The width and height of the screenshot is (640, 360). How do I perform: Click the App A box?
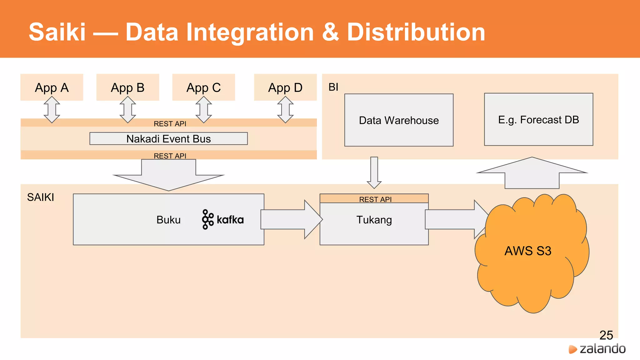point(52,87)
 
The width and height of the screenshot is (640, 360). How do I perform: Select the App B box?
point(127,87)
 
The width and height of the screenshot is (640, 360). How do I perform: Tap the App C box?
point(203,87)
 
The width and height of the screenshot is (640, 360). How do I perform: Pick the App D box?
point(285,87)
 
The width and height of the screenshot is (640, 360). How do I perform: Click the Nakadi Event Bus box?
point(168,138)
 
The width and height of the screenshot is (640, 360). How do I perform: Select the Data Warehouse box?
point(399,120)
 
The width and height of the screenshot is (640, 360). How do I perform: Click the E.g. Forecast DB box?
point(538,119)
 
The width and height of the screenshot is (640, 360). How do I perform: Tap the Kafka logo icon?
point(208,219)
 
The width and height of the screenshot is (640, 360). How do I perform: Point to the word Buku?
point(168,220)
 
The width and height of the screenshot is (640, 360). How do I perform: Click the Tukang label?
point(374,220)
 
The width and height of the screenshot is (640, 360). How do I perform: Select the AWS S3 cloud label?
point(528,251)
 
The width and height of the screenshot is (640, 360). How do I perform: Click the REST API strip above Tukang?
point(374,199)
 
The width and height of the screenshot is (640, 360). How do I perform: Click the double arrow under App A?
point(52,109)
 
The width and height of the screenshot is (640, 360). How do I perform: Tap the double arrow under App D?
point(285,109)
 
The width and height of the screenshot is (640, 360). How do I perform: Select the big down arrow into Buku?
point(168,175)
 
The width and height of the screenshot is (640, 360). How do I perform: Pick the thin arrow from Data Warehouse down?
point(374,172)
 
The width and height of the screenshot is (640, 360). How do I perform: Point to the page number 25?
point(606,335)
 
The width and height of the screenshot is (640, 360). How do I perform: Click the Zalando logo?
point(597,349)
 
